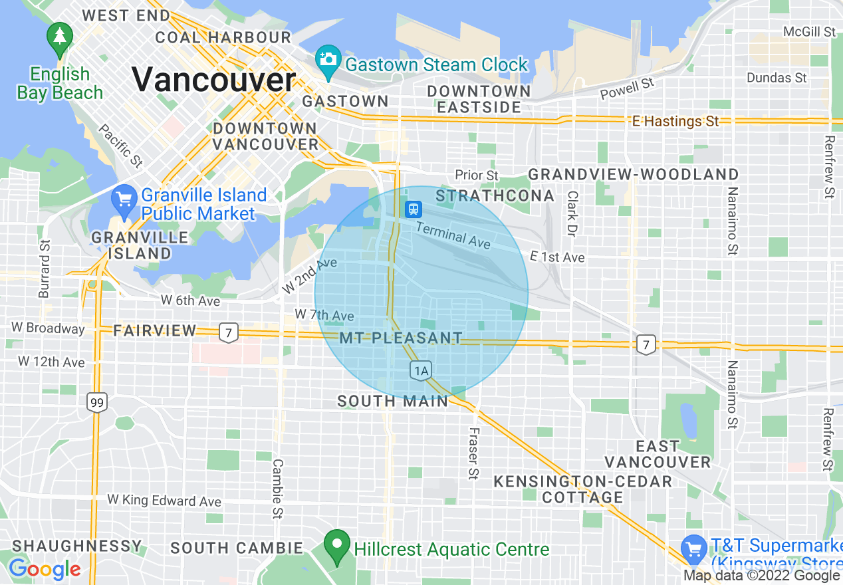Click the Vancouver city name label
213,80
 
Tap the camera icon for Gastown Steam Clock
327,58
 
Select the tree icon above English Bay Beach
60,37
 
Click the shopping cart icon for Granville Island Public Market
124,200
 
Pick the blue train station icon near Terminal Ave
414,209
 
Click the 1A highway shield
420,371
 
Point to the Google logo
45,569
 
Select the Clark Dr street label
570,214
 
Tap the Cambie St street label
278,489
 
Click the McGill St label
809,31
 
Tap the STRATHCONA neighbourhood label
495,195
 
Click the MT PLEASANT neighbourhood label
400,338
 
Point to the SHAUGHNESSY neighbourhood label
77,546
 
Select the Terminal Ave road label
453,235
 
